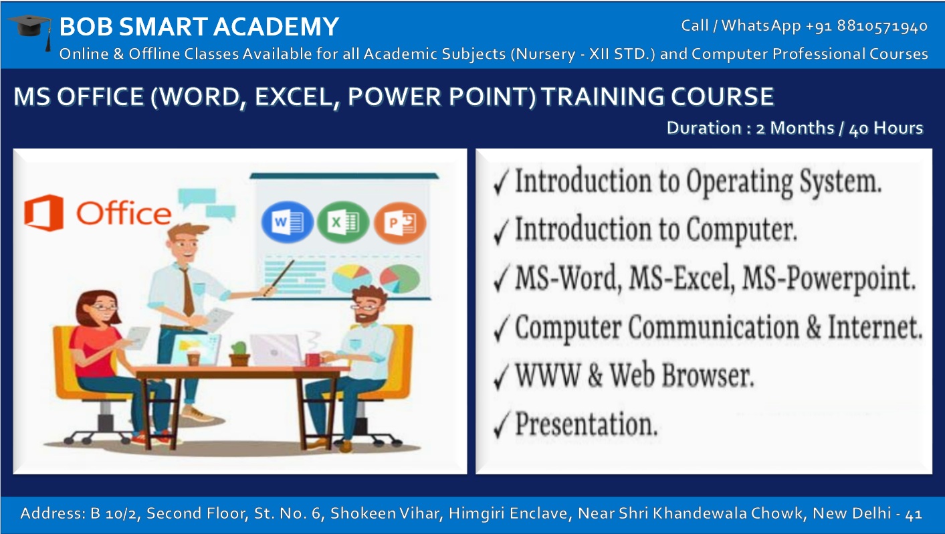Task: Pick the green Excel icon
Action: click(x=338, y=221)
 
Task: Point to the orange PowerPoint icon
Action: click(x=399, y=221)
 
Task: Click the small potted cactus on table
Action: click(x=239, y=353)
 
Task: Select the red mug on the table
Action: click(x=312, y=359)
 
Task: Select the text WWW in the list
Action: click(x=538, y=376)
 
